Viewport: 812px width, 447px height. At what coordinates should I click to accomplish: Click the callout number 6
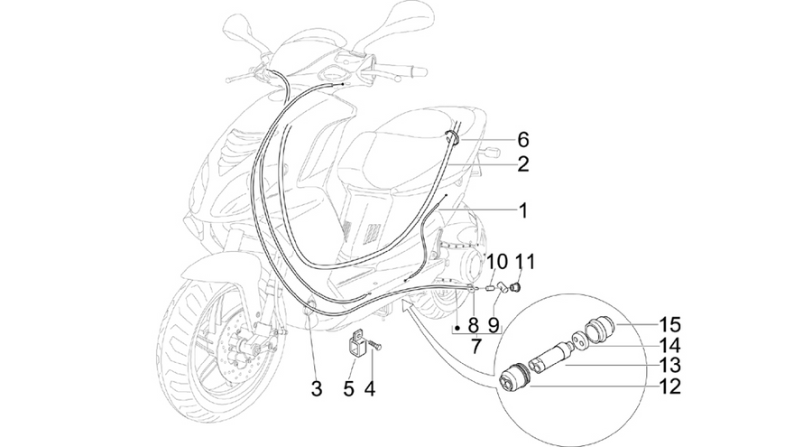(523, 139)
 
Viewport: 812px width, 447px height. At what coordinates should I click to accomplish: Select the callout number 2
(523, 164)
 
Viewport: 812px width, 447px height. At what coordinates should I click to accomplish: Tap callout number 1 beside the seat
(523, 210)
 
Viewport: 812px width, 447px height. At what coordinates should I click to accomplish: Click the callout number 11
(524, 263)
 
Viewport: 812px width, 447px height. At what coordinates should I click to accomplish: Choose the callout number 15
(669, 325)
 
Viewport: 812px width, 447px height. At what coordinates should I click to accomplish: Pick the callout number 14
(669, 345)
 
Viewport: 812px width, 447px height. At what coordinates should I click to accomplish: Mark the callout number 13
(669, 366)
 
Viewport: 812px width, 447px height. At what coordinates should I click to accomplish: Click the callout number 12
(669, 386)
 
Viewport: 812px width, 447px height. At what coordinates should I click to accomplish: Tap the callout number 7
(475, 346)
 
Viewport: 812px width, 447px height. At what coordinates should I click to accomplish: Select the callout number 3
(317, 388)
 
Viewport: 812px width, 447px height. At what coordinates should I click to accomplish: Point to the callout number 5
(348, 388)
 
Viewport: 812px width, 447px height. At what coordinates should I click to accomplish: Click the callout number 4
(369, 388)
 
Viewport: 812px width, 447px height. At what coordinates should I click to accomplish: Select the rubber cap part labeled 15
(600, 330)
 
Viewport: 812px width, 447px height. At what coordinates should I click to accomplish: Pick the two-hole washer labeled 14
(579, 341)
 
